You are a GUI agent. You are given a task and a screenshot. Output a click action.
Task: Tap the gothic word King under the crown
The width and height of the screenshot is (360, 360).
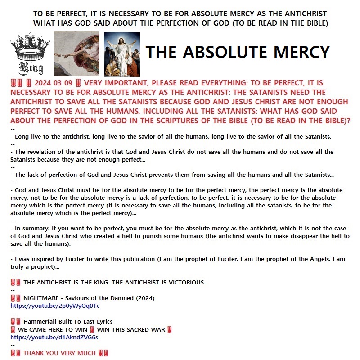point(30,68)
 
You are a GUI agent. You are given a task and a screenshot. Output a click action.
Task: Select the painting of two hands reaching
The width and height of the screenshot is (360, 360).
point(76,54)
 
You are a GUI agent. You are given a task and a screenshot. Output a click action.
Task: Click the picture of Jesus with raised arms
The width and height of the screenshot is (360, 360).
point(121,54)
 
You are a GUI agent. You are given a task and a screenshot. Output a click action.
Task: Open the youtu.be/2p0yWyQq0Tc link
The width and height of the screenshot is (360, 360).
point(54,306)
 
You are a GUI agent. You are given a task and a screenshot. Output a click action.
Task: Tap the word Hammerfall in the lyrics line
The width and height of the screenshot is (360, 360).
point(40,322)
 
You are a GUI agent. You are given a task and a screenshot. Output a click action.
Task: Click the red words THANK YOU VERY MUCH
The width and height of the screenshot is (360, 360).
point(59,353)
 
